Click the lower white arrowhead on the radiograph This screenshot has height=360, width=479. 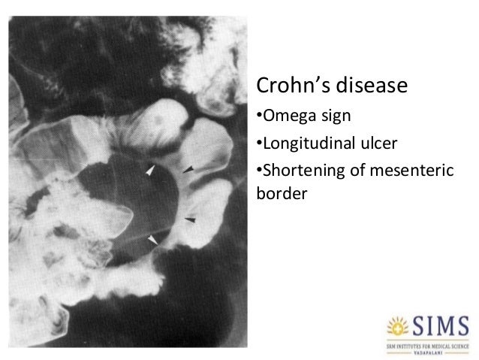point(153,239)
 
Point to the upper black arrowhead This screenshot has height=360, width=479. point(188,171)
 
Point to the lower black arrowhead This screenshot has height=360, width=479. point(190,219)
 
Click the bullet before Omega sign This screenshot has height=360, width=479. point(258,117)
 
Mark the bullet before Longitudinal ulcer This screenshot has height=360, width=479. point(258,143)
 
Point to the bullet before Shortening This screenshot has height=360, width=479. point(258,168)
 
